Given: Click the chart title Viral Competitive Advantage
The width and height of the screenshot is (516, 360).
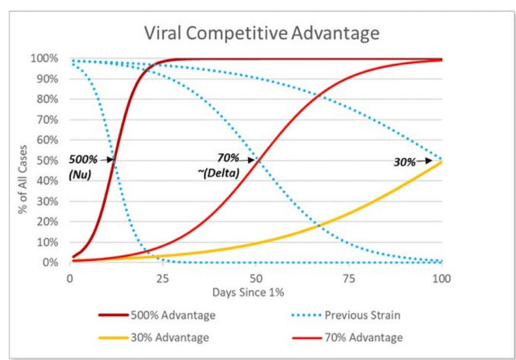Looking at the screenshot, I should coord(261,33).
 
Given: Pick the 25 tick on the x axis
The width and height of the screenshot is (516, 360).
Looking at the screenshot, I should coord(163,277).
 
